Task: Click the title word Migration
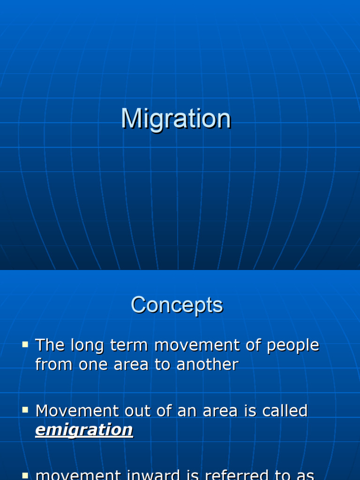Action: (176, 119)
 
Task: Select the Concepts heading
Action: (177, 305)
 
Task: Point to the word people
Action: (293, 345)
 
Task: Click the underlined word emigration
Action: (84, 430)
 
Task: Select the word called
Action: (285, 411)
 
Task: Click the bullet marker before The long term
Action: (25, 345)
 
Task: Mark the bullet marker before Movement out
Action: (25, 411)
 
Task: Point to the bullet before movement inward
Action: (25, 475)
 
